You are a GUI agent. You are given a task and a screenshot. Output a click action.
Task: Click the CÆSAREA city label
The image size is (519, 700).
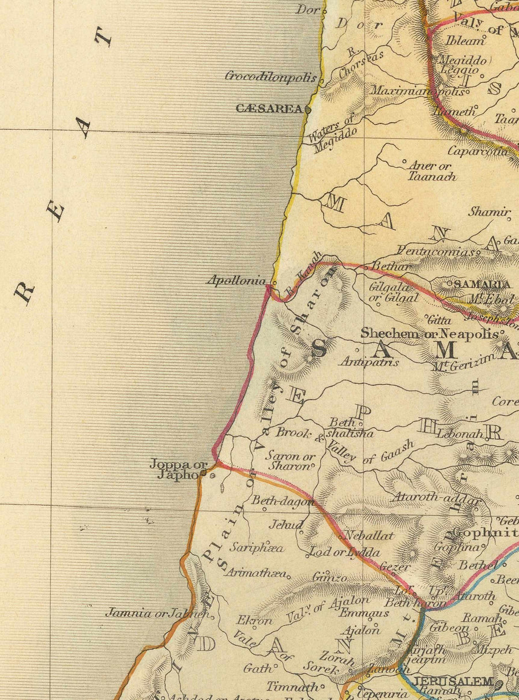[x=269, y=108]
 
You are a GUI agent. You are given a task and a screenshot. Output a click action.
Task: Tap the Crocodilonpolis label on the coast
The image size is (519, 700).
[x=271, y=77]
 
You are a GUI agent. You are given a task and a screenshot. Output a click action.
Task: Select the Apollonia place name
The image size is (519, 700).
[x=237, y=281]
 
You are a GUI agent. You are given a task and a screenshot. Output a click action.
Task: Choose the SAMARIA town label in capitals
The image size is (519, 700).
[x=482, y=284]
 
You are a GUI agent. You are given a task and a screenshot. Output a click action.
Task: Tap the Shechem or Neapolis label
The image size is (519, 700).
[x=429, y=333]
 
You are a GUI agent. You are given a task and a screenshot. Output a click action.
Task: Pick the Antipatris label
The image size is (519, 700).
[x=369, y=362]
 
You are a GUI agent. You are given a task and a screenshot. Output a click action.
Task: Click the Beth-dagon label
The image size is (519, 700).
[x=282, y=500]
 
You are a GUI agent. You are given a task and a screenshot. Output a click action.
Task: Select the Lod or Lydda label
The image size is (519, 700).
[x=336, y=552]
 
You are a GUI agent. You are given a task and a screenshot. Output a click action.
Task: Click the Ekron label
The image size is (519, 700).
[x=254, y=620]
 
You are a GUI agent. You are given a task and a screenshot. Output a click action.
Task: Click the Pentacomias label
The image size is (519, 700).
[x=437, y=251]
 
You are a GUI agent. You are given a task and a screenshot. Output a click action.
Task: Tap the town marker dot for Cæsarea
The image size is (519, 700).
[x=308, y=108]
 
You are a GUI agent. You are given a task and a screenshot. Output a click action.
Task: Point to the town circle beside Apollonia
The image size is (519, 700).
[x=274, y=283]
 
